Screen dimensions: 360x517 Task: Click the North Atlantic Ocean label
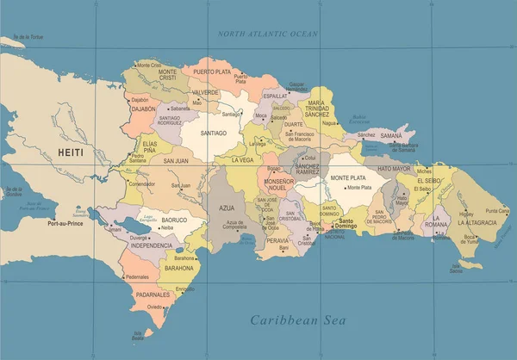(268, 34)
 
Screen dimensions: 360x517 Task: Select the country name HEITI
(72, 152)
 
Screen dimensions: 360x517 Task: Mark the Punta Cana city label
(496, 211)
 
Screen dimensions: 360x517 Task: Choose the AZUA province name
(227, 208)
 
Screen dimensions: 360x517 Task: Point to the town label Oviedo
(154, 307)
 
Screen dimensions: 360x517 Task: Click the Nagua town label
(328, 123)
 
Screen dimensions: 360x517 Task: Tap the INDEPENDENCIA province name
(152, 245)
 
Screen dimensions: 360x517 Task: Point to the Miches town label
(424, 171)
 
